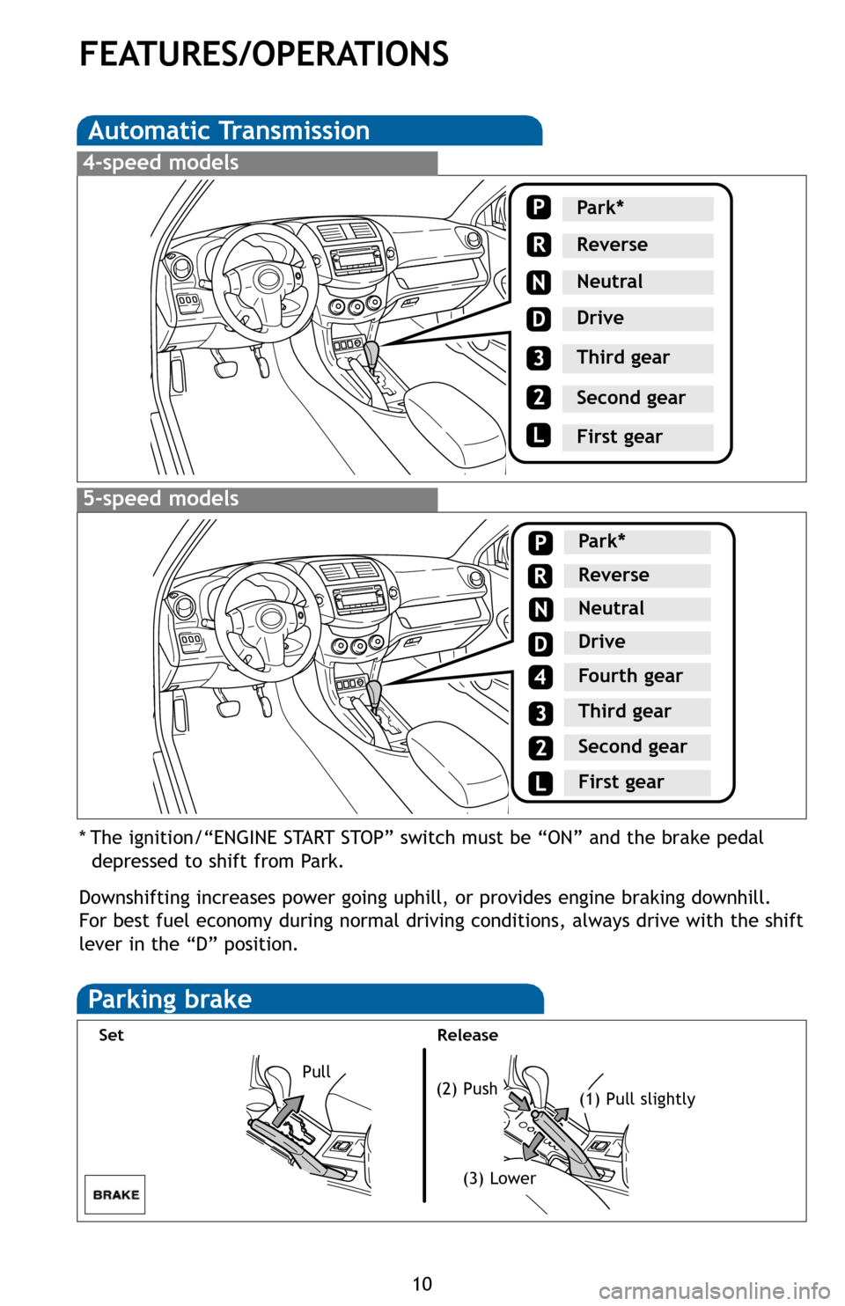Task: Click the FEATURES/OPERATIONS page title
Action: (264, 55)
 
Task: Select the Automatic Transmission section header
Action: (229, 131)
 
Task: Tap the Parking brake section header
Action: (170, 1000)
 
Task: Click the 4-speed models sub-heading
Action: (161, 163)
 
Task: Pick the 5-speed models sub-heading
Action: (161, 499)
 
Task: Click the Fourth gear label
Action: (630, 676)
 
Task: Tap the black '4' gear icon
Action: (540, 678)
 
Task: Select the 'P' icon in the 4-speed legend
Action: (539, 208)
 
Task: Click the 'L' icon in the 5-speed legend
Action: (540, 782)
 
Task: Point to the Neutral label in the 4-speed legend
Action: (610, 282)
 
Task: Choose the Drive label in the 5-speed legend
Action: (602, 642)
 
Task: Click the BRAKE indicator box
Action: (115, 1195)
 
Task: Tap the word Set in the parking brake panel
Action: (112, 1035)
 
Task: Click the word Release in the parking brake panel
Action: (467, 1035)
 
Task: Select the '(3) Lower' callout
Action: (500, 1178)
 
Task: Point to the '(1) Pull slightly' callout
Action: (637, 1099)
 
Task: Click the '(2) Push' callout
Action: (467, 1089)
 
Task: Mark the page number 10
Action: (422, 1283)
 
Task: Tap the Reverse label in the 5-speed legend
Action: (614, 575)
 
